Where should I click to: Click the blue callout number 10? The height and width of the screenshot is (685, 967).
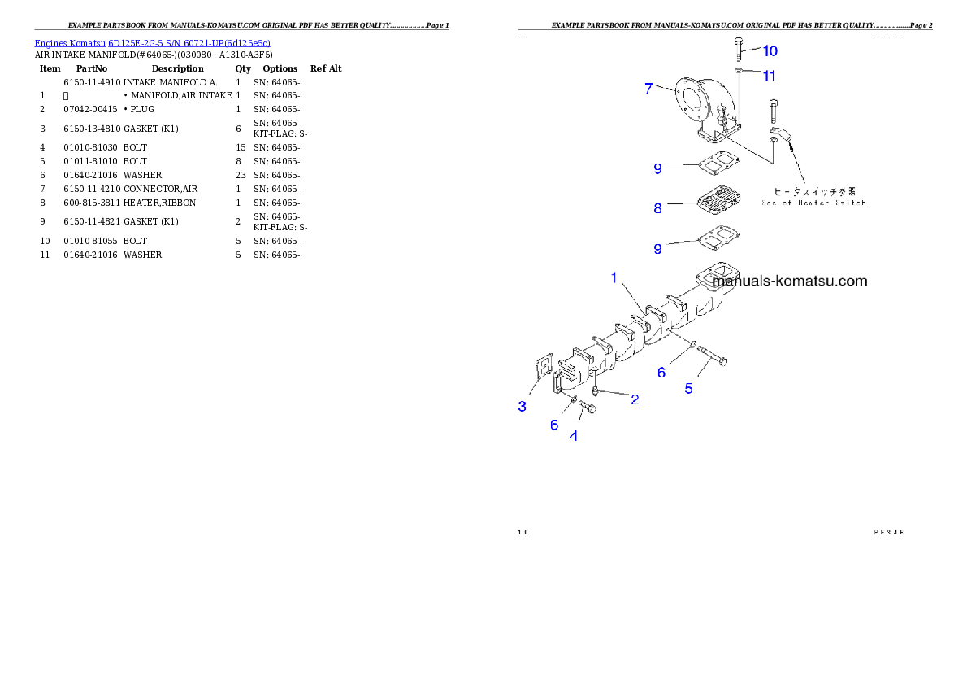pyautogui.click(x=770, y=51)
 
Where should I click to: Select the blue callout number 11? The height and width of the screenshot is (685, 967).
pyautogui.click(x=769, y=76)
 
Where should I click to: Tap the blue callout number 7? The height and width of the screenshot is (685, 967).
pyautogui.click(x=648, y=89)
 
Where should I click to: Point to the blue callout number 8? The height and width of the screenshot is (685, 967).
pyautogui.click(x=657, y=208)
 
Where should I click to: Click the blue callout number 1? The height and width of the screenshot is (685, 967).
pyautogui.click(x=614, y=278)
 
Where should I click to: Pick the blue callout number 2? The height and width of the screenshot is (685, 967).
pyautogui.click(x=635, y=399)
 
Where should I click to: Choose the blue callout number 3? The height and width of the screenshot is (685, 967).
pyautogui.click(x=523, y=406)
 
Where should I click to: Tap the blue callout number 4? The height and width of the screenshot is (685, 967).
pyautogui.click(x=574, y=436)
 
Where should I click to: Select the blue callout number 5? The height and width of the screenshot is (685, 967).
pyautogui.click(x=688, y=389)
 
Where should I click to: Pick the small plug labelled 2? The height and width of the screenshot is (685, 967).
pyautogui.click(x=596, y=391)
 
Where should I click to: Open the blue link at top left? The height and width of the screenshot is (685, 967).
pyautogui.click(x=152, y=43)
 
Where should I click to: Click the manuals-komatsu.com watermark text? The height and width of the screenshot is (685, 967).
pyautogui.click(x=790, y=281)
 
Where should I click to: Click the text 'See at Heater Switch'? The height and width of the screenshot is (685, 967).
pyautogui.click(x=813, y=203)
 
